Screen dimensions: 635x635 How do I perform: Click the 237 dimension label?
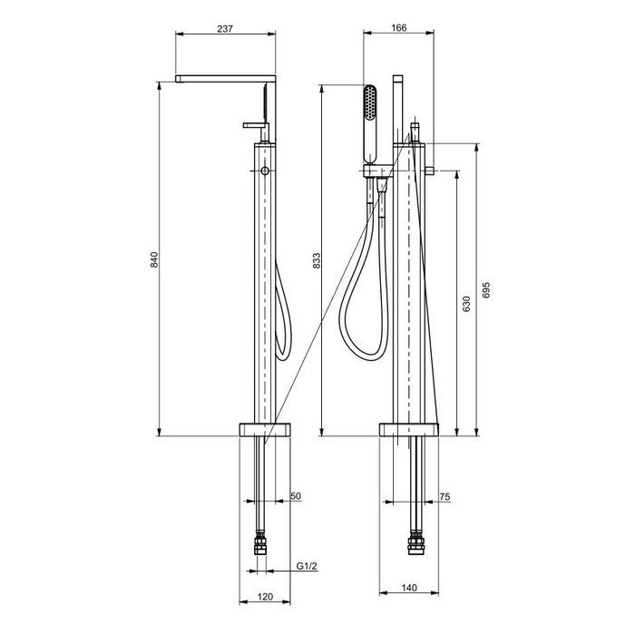tap(225, 29)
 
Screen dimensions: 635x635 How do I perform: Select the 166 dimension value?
tap(399, 28)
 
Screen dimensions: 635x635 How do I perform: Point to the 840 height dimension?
tap(154, 259)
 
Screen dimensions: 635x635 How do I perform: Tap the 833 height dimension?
tap(317, 261)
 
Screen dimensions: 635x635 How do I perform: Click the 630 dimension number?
tap(466, 304)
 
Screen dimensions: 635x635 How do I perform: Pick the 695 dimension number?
tap(486, 290)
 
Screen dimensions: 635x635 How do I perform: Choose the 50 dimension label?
tap(296, 496)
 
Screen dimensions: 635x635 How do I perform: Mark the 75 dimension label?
tap(444, 496)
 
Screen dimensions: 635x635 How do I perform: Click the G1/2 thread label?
tap(307, 566)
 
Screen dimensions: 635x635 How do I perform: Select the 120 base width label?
tap(265, 597)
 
